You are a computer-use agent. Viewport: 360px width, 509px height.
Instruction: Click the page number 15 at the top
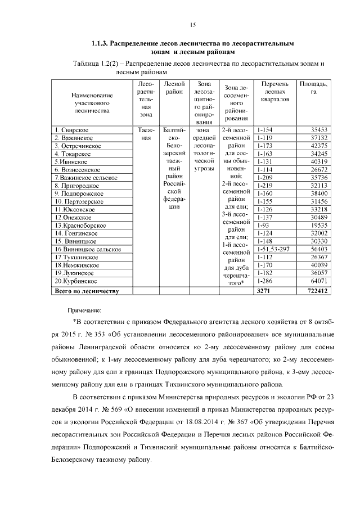192,24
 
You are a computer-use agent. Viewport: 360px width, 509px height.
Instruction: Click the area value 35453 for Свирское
318,130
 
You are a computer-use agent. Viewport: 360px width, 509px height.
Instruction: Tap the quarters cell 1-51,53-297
273,249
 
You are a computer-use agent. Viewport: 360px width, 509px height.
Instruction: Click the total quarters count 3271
263,291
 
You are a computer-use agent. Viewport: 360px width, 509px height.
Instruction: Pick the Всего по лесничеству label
86,291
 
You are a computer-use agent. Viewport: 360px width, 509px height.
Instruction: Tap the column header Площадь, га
315,88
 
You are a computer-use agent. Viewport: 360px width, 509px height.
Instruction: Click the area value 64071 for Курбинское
318,281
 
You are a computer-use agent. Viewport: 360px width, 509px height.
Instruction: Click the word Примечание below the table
84,310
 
